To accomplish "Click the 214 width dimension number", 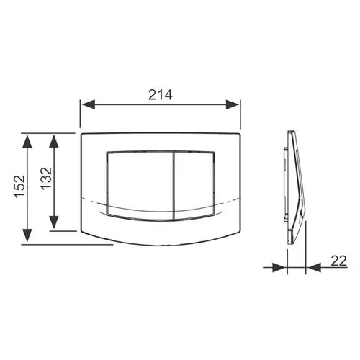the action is [x=160, y=95].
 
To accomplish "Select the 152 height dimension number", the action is [x=20, y=186].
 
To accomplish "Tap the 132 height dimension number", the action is [x=46, y=179].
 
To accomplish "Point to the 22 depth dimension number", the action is [x=339, y=261].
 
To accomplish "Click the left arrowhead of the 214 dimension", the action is [x=89, y=104].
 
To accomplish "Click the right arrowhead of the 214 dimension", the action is [x=232, y=104].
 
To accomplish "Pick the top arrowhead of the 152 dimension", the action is [x=27, y=142].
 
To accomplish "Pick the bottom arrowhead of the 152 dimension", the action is [x=27, y=235].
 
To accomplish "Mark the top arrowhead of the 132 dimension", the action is [x=54, y=142].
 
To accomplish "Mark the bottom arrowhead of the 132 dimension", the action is [x=54, y=222].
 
